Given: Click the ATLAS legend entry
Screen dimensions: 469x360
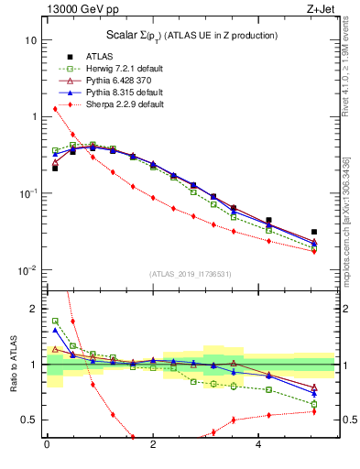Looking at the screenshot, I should pyautogui.click(x=99, y=56).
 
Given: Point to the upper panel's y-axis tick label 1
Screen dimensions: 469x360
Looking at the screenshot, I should pyautogui.click(x=35, y=117).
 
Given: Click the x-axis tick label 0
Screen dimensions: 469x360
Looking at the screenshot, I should pyautogui.click(x=47, y=446).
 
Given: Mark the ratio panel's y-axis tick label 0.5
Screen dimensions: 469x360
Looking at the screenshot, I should pyautogui.click(x=31, y=420).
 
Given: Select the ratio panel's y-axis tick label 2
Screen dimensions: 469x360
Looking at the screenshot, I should pyautogui.click(x=35, y=309).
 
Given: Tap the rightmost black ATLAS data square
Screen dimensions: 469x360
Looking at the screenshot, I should pyautogui.click(x=314, y=233).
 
